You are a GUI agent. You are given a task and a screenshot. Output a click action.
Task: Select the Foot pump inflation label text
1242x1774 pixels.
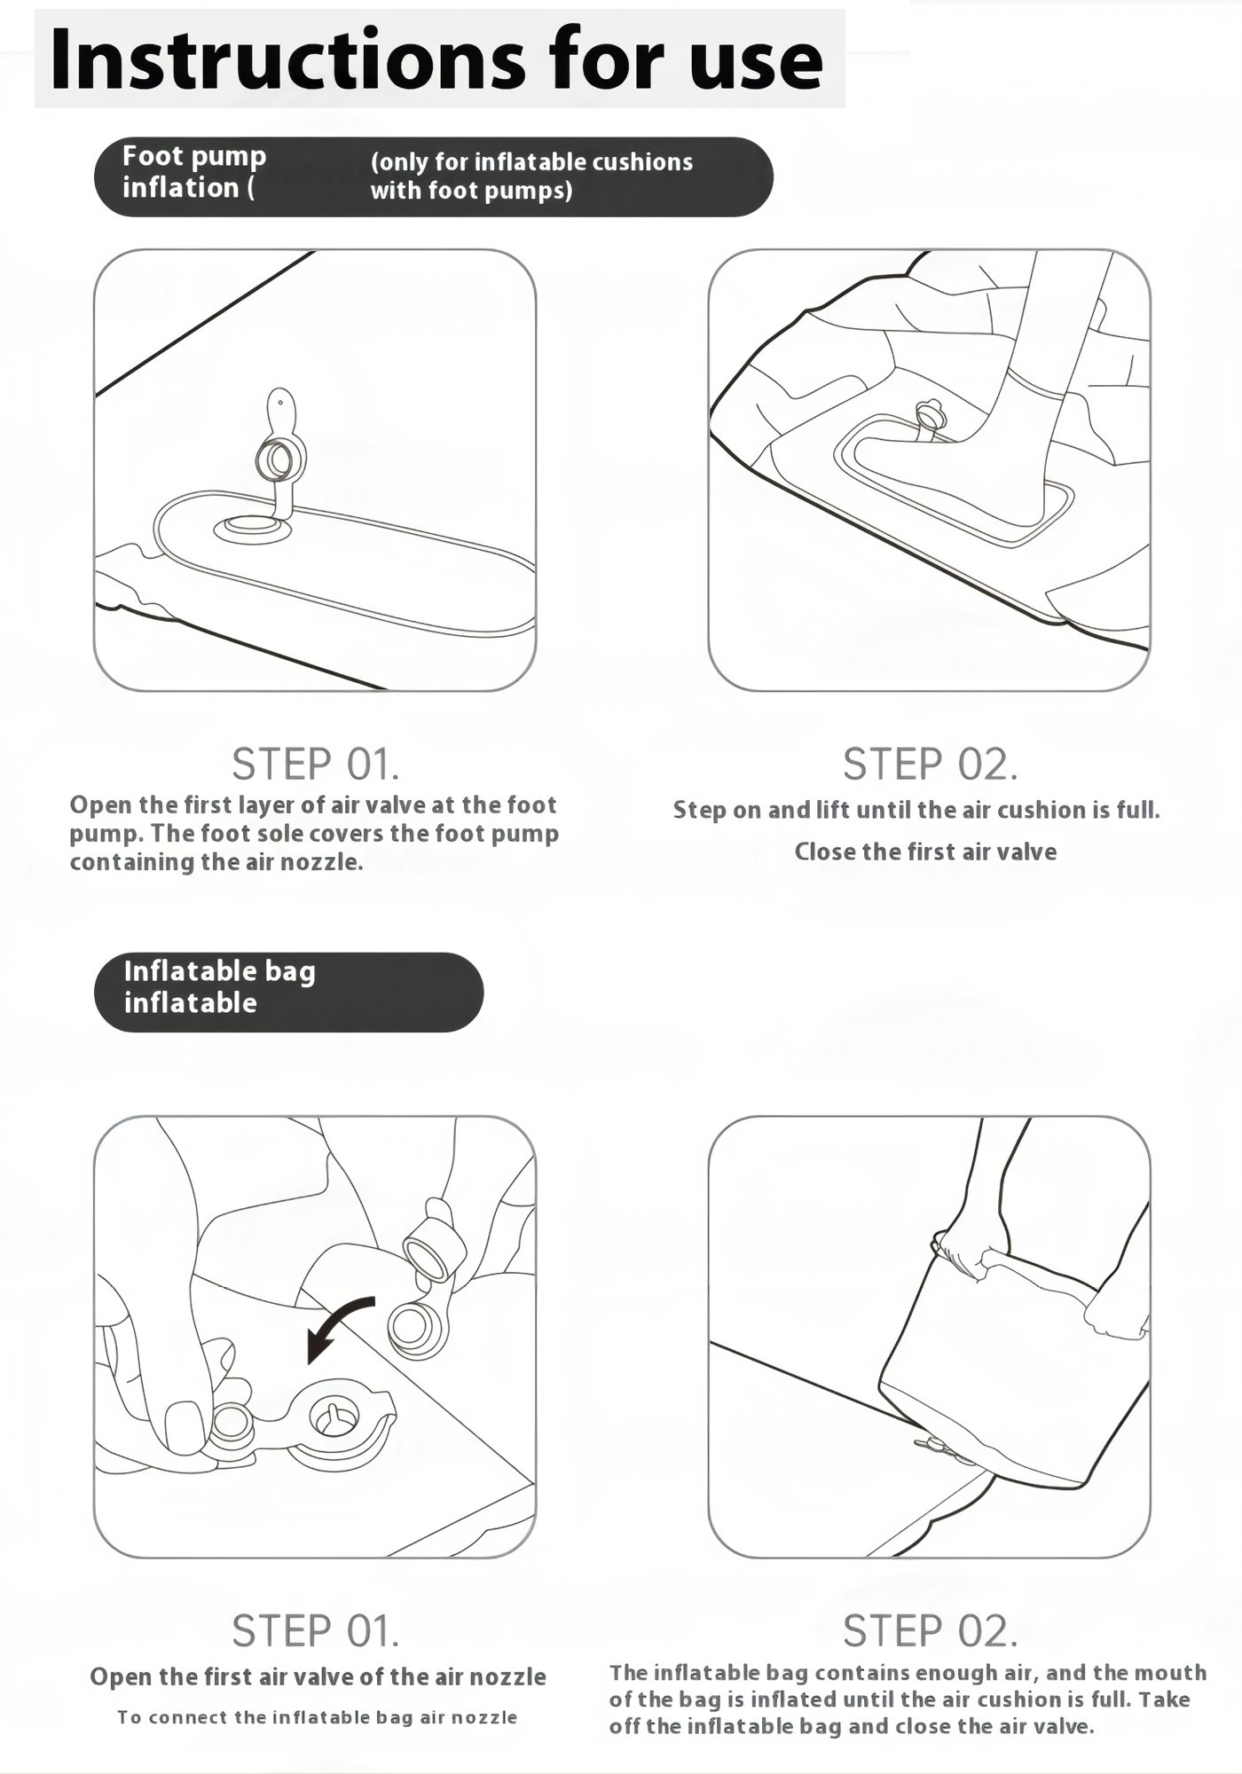pos(194,172)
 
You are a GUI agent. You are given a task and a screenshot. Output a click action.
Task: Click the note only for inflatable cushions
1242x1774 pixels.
pos(531,176)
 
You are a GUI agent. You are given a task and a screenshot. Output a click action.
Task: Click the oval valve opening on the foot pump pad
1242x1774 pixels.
pos(251,529)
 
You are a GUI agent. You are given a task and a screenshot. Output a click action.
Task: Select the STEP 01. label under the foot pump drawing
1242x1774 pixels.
pos(315,764)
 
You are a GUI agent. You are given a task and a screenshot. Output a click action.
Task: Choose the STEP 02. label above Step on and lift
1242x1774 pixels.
pos(930,764)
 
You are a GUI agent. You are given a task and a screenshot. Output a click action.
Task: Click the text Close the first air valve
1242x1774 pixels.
pos(925,852)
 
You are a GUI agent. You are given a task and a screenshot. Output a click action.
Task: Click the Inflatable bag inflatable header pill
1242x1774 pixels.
pos(288,992)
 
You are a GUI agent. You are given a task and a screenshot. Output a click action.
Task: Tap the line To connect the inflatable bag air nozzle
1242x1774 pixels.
pos(317,1717)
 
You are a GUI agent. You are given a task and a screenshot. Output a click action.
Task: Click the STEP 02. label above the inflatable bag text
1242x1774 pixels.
pos(930,1630)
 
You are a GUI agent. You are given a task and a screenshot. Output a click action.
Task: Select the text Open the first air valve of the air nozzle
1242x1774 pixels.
pos(318,1676)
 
